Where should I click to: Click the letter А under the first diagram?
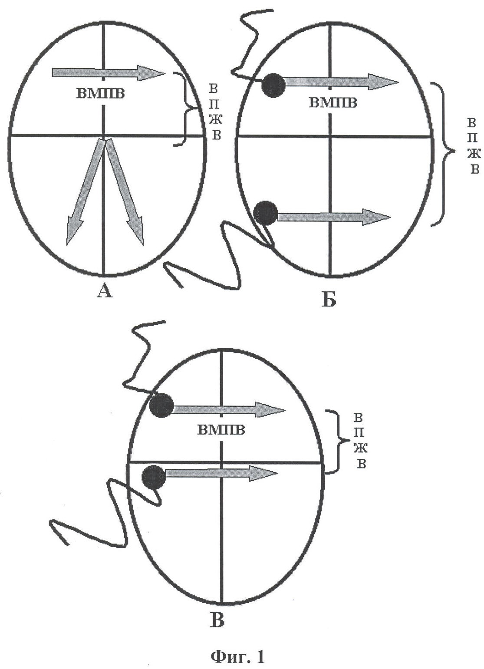[105, 290]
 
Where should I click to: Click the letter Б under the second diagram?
[329, 299]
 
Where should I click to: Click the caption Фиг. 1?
[238, 655]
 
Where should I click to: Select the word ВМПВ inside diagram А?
[101, 93]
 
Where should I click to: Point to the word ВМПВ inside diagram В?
[221, 430]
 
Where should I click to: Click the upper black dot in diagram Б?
[273, 85]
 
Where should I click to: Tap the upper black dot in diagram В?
[161, 405]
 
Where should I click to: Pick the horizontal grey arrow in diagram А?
[109, 73]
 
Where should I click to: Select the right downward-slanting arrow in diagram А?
[125, 191]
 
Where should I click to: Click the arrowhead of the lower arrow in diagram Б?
[376, 217]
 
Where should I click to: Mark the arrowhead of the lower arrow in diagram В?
[263, 473]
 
